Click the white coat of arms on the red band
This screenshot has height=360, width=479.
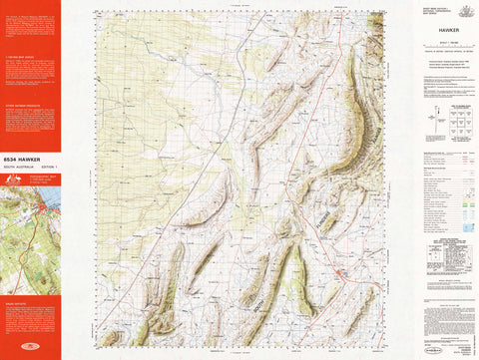13,180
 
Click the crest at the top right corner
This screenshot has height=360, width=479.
463,10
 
